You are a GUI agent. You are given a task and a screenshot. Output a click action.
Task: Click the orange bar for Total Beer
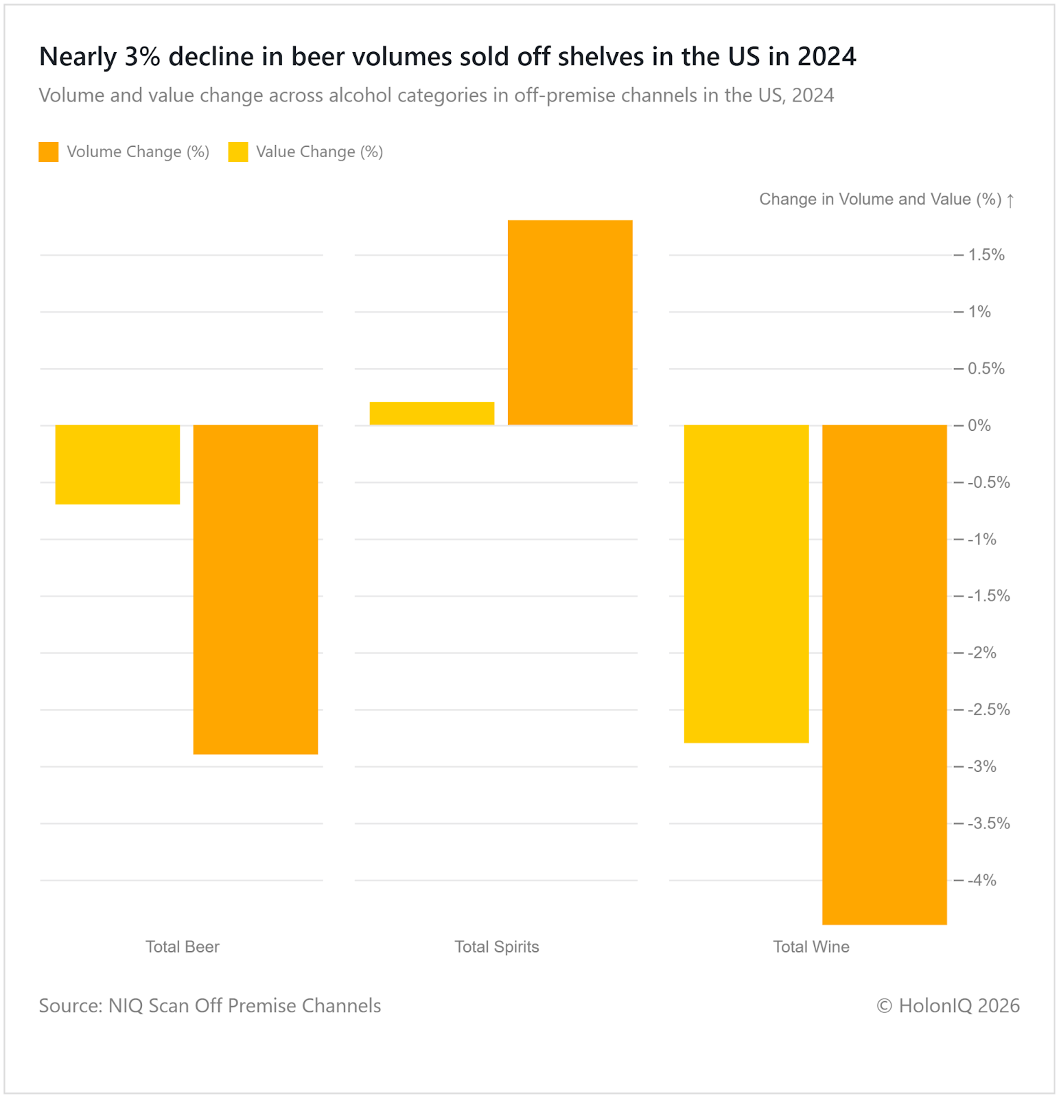point(255,589)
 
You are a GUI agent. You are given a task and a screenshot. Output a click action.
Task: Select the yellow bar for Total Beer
point(117,465)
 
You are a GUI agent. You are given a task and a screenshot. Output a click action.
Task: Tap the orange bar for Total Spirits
point(570,323)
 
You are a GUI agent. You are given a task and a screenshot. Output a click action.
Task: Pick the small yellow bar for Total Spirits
point(432,413)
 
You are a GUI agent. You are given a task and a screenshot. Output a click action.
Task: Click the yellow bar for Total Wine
point(746,583)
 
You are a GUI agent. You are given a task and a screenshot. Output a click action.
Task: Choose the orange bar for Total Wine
point(884,675)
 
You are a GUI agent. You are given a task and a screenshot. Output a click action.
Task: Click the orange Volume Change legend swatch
point(49,152)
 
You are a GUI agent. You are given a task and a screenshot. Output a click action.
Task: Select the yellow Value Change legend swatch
point(238,152)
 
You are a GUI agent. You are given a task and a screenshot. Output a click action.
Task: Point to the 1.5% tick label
point(986,255)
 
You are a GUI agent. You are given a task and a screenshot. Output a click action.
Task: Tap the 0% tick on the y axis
point(979,425)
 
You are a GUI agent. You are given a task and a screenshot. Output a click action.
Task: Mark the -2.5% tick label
point(988,710)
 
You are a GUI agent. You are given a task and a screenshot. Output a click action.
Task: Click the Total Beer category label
point(183,947)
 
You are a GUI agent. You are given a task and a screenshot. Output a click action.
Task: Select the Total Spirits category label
point(497,947)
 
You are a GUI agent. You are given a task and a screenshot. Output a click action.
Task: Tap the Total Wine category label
point(811,947)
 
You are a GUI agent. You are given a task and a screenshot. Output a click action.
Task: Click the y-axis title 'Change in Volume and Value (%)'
point(880,200)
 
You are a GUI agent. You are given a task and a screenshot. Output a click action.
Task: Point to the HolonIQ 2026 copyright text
point(948,1006)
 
